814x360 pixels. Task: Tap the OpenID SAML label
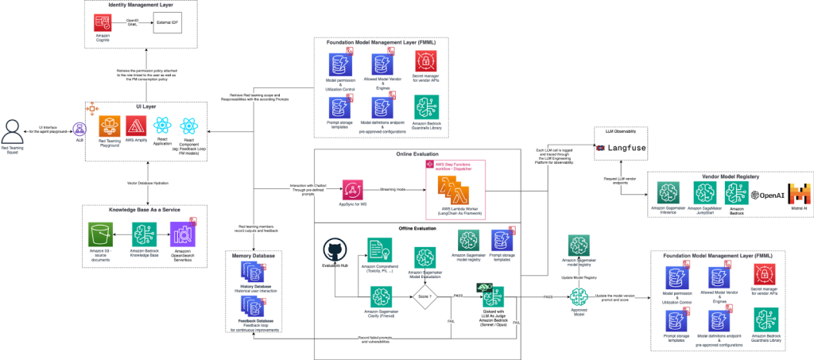[x=132, y=23]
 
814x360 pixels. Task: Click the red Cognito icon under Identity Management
[x=103, y=23]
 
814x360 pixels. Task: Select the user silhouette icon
[x=13, y=130]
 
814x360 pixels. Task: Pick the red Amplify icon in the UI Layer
[x=136, y=126]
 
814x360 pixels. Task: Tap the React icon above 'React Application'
[x=162, y=126]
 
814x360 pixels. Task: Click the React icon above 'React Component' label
[x=188, y=126]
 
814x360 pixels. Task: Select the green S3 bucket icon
[x=100, y=234]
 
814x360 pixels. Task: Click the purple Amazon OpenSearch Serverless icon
[x=183, y=234]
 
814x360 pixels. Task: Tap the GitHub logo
[x=335, y=250]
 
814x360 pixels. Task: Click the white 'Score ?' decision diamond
[x=424, y=297]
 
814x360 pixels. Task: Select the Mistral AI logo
[x=800, y=193]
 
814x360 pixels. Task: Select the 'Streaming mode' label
[x=396, y=191]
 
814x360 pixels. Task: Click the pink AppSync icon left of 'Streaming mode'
[x=353, y=190]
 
